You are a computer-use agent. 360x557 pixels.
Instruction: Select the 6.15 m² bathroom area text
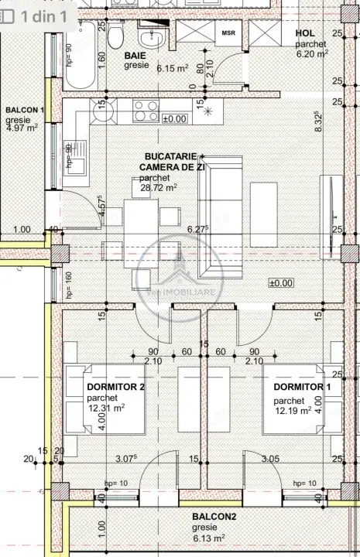pyautogui.click(x=173, y=68)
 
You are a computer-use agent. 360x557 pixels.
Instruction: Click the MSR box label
pyautogui.click(x=228, y=33)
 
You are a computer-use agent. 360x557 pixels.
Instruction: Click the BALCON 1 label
pyautogui.click(x=23, y=111)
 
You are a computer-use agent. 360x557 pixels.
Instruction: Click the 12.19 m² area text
pyautogui.click(x=293, y=411)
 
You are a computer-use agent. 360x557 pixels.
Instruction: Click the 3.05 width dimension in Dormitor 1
pyautogui.click(x=270, y=459)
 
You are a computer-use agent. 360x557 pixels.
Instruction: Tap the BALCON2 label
pyautogui.click(x=214, y=516)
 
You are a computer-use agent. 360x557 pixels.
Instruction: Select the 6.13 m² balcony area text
pyautogui.click(x=209, y=538)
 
